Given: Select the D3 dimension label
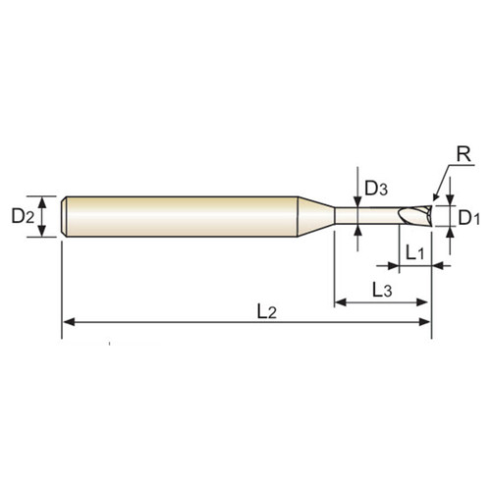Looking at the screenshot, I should click(x=377, y=188).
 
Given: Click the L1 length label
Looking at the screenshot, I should click(x=414, y=252).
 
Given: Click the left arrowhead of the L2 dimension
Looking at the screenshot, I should click(x=69, y=321).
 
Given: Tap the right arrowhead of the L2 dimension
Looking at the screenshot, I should click(x=425, y=321).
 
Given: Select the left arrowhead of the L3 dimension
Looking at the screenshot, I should click(x=341, y=300).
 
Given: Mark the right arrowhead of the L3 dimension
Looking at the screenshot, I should click(x=424, y=300).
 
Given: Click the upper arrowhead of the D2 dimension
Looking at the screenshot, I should click(x=42, y=199).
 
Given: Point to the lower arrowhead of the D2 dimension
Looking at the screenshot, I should click(x=42, y=233).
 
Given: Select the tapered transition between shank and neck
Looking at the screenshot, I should click(x=316, y=215).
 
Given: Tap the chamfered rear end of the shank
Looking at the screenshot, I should click(x=65, y=215).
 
